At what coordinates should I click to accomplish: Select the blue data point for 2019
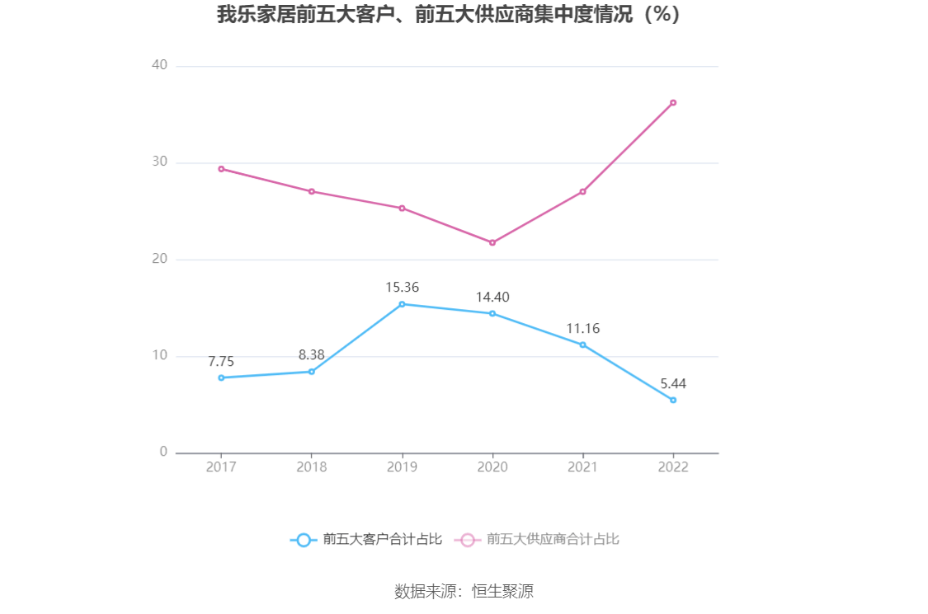pos(402,304)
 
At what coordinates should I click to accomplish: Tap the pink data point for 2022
pos(673,102)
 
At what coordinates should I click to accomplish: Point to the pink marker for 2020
pos(492,242)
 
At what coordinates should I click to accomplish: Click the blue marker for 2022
pos(673,400)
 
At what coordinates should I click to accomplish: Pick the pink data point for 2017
pos(221,169)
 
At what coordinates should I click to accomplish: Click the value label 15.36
pos(402,288)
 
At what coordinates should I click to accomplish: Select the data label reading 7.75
pos(221,361)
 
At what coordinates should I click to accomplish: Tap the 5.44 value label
pos(673,383)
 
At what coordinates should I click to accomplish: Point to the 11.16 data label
pos(582,329)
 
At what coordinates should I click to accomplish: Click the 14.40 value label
pos(492,298)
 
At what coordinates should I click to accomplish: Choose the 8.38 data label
pos(311,355)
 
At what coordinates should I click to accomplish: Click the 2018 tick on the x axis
pos(311,466)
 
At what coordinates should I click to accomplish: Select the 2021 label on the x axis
pos(582,466)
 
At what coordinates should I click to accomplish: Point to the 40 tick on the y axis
pos(159,65)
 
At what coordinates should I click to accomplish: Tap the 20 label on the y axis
pos(159,259)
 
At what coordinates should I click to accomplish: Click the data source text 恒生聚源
pos(502,591)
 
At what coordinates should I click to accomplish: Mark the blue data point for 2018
pos(311,372)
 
